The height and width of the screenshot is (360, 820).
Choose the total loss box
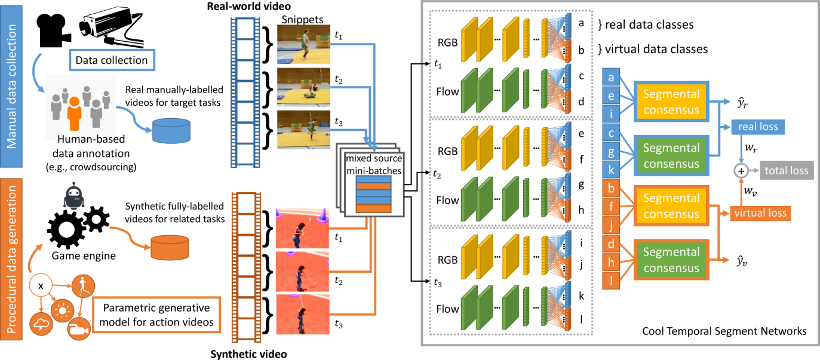tap(787, 171)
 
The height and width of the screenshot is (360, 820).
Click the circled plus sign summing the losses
tap(741, 171)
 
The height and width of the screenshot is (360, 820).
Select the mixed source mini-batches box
tap(372, 177)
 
